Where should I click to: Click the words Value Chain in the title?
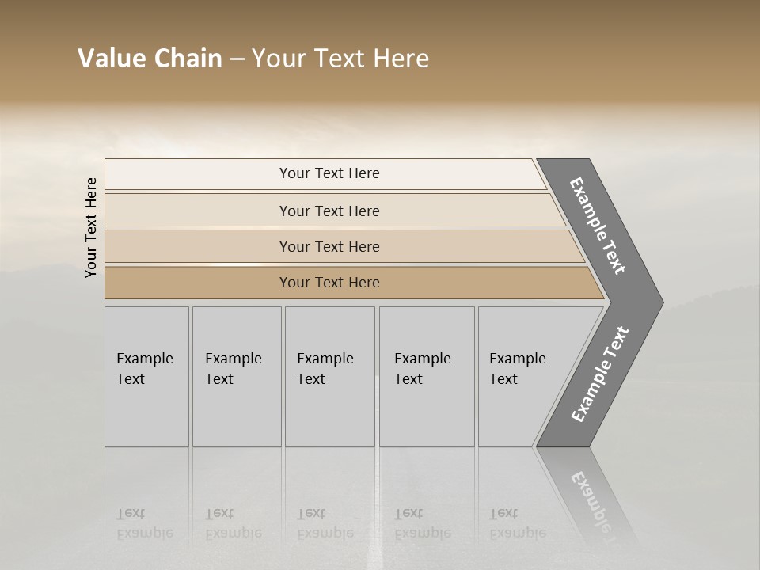tap(150, 59)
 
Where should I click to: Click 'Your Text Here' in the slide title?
tap(340, 59)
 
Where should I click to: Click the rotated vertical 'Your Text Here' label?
tap(91, 227)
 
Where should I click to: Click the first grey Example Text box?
tap(146, 376)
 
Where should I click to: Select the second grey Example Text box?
tap(236, 376)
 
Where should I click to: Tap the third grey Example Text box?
tap(329, 376)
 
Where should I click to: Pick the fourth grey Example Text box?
tap(426, 376)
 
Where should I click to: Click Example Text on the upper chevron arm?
tap(598, 226)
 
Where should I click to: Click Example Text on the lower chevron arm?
tap(599, 374)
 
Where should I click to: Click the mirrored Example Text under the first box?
tap(144, 523)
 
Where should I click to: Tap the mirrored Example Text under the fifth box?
tap(517, 523)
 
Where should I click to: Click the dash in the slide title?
tap(237, 59)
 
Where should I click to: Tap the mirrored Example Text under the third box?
tap(325, 523)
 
